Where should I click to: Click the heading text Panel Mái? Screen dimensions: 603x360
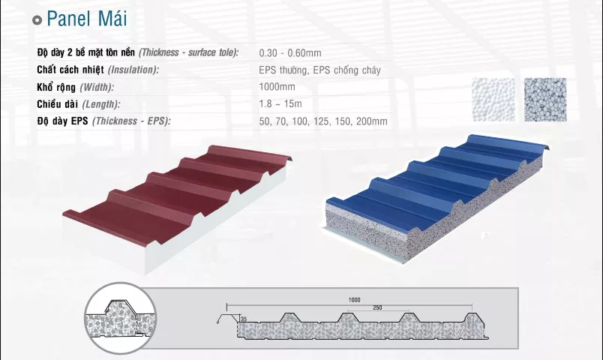[86, 19]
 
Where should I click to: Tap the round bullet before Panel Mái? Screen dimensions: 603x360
[37, 20]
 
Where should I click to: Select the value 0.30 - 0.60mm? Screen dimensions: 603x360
[290, 52]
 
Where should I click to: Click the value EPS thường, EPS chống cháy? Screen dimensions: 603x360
[319, 70]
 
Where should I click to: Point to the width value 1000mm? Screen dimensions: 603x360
[277, 86]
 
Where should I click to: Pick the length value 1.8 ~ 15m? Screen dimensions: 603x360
[280, 103]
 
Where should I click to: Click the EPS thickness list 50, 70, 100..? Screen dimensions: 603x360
[323, 121]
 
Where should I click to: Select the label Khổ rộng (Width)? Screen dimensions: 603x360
[75, 87]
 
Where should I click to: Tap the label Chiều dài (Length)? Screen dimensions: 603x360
[79, 104]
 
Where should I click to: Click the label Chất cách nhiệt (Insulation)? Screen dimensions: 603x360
[97, 70]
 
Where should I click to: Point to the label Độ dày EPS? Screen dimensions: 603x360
[63, 121]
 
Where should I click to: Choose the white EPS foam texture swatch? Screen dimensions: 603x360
[493, 100]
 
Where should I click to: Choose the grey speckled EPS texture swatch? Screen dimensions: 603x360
[545, 100]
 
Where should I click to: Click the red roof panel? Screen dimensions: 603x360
[177, 200]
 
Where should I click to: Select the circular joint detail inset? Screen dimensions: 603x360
[120, 318]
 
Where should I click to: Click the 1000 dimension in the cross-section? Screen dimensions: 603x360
[354, 300]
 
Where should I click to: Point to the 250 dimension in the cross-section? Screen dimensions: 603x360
[378, 307]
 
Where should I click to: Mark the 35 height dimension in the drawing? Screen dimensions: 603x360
[244, 319]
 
